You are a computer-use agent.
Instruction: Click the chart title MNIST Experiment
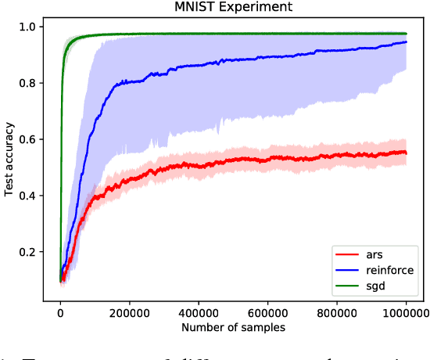pos(233,8)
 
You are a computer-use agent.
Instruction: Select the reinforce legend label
pos(382,269)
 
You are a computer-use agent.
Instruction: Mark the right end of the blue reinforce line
pos(407,42)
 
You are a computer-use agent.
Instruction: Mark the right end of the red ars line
pos(407,153)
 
